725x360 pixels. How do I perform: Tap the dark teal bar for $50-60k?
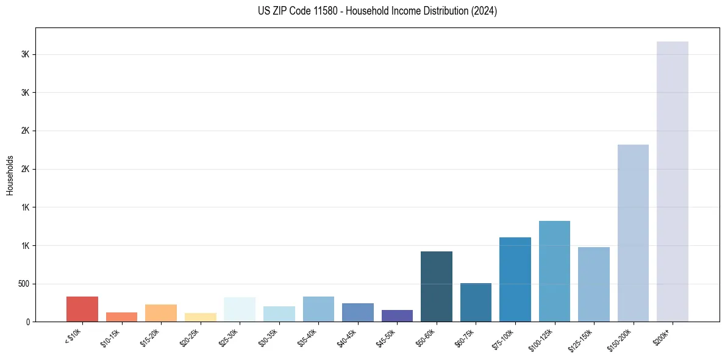click(x=436, y=286)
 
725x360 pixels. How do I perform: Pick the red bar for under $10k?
click(x=82, y=309)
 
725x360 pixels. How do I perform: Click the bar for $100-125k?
click(x=554, y=271)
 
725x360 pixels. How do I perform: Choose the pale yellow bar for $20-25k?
click(x=200, y=317)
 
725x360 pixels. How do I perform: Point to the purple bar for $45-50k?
click(x=397, y=315)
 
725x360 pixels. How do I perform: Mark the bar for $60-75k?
click(x=476, y=302)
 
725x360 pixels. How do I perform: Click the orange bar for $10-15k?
click(x=121, y=317)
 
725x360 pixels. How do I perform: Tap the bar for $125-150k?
click(x=593, y=284)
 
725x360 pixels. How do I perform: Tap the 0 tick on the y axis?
click(x=28, y=322)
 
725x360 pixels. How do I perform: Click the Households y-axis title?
click(x=10, y=175)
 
